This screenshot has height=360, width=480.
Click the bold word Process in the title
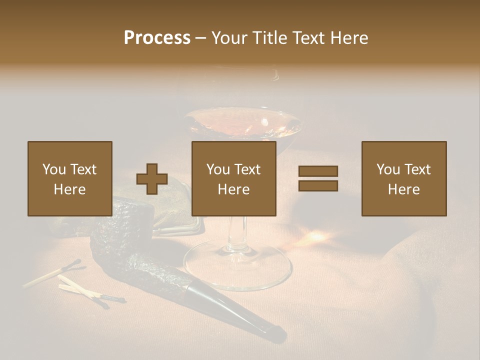click(157, 38)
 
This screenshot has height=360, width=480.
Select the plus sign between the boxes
click(152, 178)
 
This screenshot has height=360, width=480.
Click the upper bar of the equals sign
click(318, 171)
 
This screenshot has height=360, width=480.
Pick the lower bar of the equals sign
click(318, 186)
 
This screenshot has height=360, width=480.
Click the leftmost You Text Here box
click(70, 178)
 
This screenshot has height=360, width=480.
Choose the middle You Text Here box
click(234, 178)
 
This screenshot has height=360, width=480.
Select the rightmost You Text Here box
click(404, 178)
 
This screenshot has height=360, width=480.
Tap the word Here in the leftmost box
click(70, 189)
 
